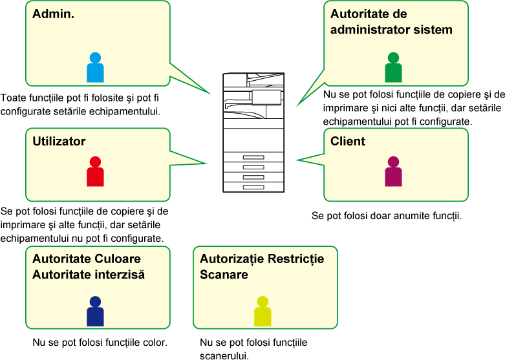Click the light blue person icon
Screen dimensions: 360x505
95,68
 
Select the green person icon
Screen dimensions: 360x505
393,68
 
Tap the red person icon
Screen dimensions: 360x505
95,172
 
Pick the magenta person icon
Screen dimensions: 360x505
393,172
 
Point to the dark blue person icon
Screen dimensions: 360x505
95,312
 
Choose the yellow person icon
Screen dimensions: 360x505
263,312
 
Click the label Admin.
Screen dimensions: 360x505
54,14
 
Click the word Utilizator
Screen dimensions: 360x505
59,142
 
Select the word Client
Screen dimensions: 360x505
348,142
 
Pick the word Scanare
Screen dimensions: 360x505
224,275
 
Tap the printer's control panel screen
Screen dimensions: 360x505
266,97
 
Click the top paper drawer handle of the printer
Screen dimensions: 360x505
253,158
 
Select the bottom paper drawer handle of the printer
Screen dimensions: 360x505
253,187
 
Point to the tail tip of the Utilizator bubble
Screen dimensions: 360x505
207,164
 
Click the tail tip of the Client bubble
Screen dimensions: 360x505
297,160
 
